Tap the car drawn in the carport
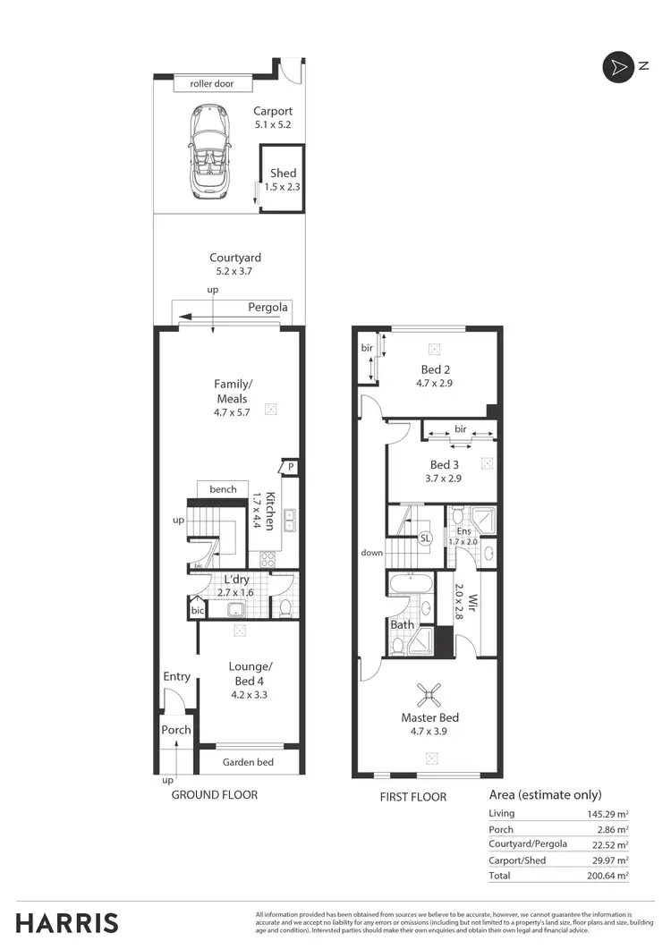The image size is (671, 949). [208, 151]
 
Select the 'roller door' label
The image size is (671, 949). [212, 84]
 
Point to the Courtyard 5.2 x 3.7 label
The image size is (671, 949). [235, 264]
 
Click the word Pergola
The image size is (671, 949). [268, 307]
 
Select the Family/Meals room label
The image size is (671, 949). [231, 391]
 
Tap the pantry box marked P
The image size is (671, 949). [291, 467]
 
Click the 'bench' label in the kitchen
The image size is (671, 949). [223, 489]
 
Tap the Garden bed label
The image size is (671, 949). [248, 762]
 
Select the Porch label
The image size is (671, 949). [176, 730]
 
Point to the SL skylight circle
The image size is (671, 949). [425, 538]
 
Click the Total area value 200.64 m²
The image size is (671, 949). [604, 877]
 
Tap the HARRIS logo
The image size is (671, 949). [67, 922]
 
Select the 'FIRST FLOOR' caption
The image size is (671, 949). [413, 796]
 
